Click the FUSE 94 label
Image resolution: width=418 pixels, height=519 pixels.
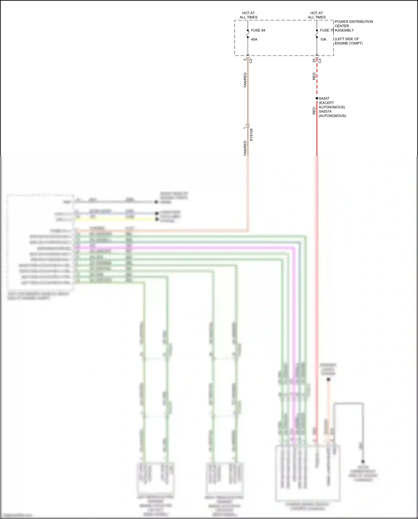(x=258, y=30)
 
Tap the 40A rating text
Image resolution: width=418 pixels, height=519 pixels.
(x=254, y=40)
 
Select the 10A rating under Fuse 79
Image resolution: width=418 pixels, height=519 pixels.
(x=323, y=40)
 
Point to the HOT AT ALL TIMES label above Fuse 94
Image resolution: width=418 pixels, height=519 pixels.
(x=249, y=15)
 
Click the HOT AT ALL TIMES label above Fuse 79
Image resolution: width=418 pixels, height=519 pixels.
(x=317, y=15)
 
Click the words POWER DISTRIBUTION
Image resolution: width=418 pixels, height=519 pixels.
(x=354, y=22)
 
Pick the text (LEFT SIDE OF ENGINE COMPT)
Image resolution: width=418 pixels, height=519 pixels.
(x=348, y=41)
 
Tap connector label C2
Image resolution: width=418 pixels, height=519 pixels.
(x=251, y=61)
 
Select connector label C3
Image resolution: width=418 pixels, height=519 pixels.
(x=320, y=61)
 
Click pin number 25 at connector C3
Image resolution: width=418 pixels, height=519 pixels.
(x=314, y=61)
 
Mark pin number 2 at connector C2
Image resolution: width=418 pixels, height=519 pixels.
(x=245, y=60)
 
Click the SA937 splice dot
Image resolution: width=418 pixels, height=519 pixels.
(x=317, y=98)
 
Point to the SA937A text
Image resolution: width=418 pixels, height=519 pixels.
(x=325, y=112)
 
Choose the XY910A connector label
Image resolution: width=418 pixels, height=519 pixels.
(x=251, y=135)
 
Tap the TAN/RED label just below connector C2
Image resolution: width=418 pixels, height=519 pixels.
(x=245, y=80)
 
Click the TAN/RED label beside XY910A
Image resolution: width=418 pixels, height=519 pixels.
(x=245, y=148)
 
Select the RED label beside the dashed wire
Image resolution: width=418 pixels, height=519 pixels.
(x=314, y=76)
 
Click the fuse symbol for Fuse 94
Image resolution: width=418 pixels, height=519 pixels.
(x=248, y=34)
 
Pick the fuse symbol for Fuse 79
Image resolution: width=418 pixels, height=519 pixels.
(x=317, y=34)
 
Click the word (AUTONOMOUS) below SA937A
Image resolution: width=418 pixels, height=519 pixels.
(x=332, y=116)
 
